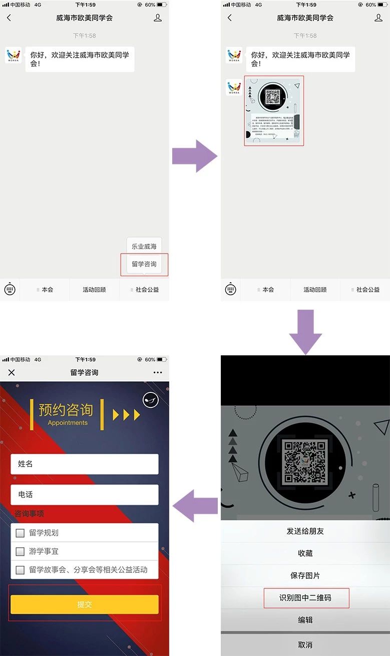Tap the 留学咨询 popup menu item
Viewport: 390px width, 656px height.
tap(144, 264)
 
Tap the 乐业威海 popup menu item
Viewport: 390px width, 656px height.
tap(144, 247)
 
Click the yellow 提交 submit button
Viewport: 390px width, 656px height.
tap(85, 604)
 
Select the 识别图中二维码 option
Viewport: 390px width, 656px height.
tap(305, 598)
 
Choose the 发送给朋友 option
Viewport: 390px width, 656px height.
tap(305, 531)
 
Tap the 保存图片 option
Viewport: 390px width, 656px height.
tap(305, 575)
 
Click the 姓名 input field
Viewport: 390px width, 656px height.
tap(85, 464)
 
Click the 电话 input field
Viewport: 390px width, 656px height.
tap(85, 495)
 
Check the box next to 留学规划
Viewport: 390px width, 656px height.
tap(20, 533)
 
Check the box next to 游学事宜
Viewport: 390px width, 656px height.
tap(20, 552)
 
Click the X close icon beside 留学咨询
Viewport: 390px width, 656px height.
tap(12, 372)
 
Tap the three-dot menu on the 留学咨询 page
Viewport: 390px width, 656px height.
tap(158, 372)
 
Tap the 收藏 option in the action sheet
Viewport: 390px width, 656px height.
tap(305, 553)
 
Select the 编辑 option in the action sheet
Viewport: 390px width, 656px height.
tap(305, 620)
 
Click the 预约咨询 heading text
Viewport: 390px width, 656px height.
tap(66, 409)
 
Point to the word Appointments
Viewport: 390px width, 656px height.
tap(68, 423)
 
